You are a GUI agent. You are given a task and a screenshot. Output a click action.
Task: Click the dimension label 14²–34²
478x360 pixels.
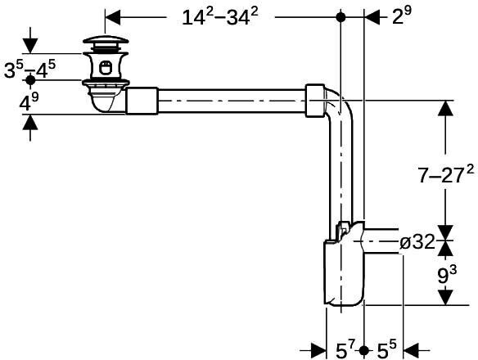tap(220, 16)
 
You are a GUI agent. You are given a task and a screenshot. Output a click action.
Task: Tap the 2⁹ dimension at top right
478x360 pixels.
tap(402, 15)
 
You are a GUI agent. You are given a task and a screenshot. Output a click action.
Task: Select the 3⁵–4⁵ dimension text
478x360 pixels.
tap(29, 70)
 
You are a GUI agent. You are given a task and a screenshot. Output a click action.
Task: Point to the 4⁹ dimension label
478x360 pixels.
tap(29, 102)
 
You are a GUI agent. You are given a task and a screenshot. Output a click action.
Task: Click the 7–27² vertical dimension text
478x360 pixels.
tap(446, 174)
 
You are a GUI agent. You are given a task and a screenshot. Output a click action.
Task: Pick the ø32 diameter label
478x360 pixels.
tap(417, 242)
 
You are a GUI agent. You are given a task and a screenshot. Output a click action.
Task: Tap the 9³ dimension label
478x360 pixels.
tap(447, 275)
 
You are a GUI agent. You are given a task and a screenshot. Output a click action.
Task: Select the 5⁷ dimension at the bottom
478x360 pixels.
tap(345, 349)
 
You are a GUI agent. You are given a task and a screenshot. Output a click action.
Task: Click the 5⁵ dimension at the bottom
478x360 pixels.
tap(386, 349)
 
